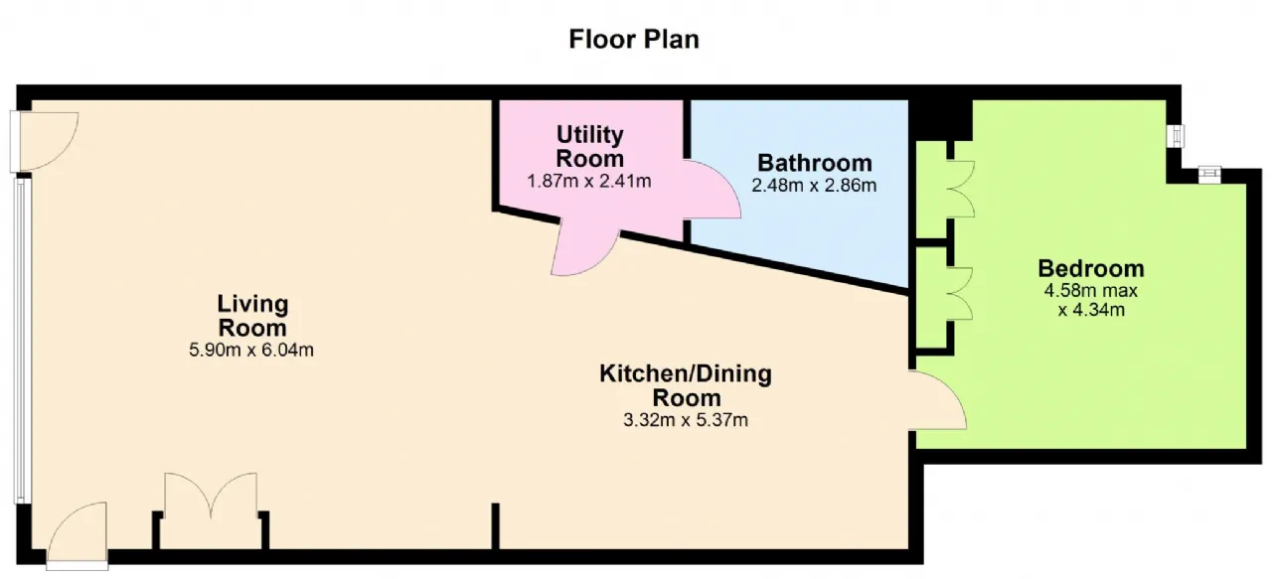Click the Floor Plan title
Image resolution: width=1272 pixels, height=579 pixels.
pyautogui.click(x=634, y=39)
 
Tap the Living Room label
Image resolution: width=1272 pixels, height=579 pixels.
pyautogui.click(x=252, y=316)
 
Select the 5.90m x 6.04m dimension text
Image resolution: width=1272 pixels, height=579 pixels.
pyautogui.click(x=251, y=350)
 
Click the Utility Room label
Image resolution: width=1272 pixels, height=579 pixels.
pyautogui.click(x=589, y=146)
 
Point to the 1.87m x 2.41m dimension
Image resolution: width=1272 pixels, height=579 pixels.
pyautogui.click(x=589, y=181)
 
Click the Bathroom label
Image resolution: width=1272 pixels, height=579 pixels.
pyautogui.click(x=814, y=163)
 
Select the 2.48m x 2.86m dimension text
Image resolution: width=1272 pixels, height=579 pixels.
pyautogui.click(x=814, y=185)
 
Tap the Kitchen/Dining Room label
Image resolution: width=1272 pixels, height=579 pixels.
pyautogui.click(x=686, y=385)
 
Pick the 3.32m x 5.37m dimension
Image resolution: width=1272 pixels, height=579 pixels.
pyautogui.click(x=686, y=420)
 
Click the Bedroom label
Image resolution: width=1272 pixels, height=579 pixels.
pyautogui.click(x=1091, y=268)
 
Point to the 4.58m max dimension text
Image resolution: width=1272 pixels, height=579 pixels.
pyautogui.click(x=1091, y=291)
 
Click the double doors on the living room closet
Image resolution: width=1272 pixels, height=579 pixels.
pyautogui.click(x=211, y=496)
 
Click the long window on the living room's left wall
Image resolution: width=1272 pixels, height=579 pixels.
pyautogui.click(x=21, y=340)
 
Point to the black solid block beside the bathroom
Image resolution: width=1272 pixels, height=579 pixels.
pyautogui.click(x=941, y=120)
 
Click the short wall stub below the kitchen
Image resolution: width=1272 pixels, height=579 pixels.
pyautogui.click(x=495, y=525)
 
